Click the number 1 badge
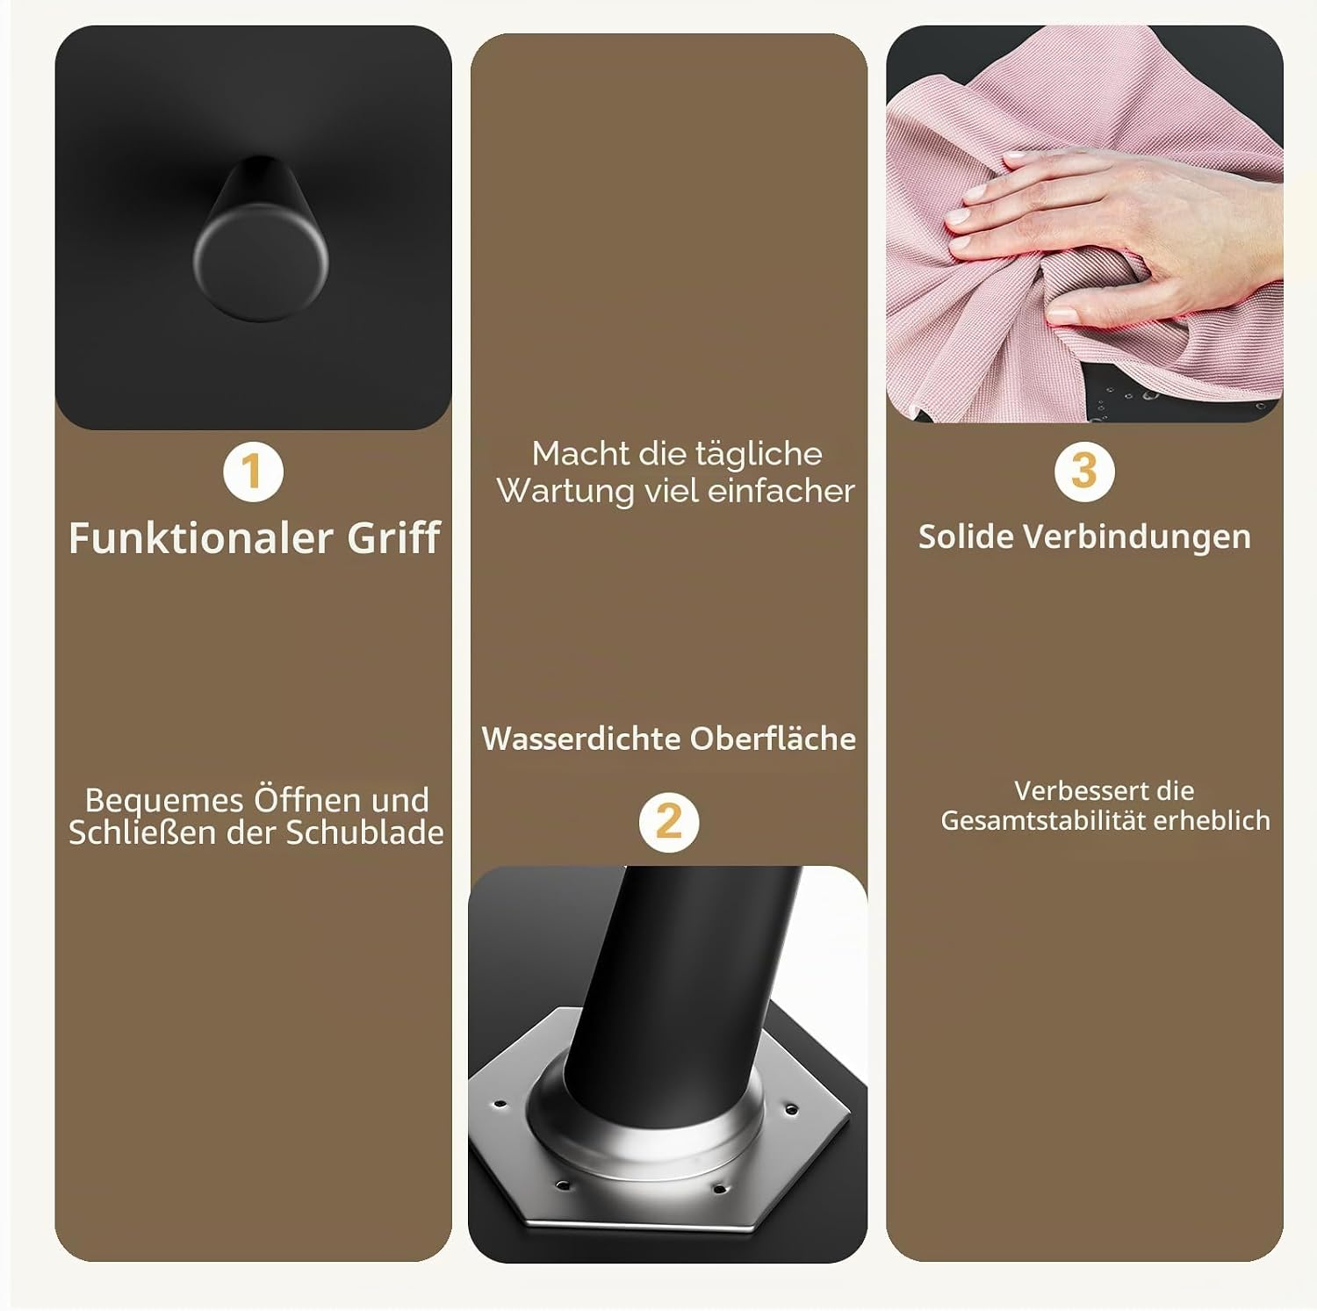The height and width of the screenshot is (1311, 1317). [253, 472]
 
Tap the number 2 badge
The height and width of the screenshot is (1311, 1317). [669, 822]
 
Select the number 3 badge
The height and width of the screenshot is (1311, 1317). [1084, 471]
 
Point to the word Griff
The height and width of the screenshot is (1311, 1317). [393, 537]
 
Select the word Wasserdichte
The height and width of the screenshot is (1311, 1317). [580, 738]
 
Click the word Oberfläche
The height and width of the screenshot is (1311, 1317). [773, 738]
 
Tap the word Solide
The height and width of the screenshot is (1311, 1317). [965, 537]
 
